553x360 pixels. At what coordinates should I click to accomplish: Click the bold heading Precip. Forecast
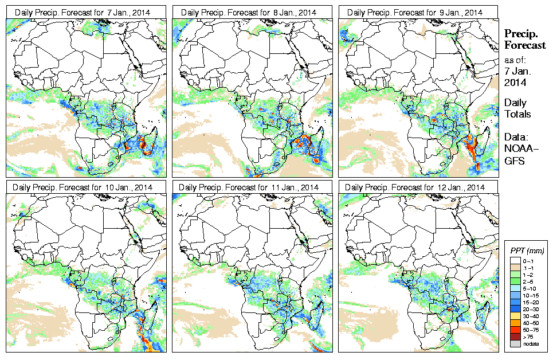[524, 39]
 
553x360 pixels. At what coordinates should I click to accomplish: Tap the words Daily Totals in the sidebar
[517, 108]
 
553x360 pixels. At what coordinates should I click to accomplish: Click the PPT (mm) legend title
[527, 251]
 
